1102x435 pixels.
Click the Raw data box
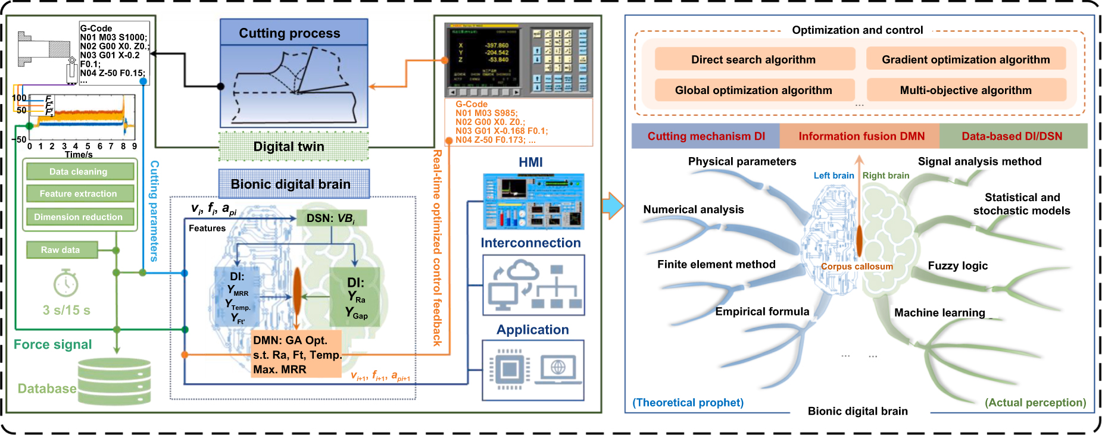[61, 250]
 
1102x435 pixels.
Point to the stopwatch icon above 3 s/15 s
[65, 283]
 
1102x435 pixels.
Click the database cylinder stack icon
[114, 381]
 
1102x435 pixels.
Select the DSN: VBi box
[331, 218]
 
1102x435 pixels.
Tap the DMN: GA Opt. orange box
[296, 355]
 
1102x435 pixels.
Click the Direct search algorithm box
[754, 60]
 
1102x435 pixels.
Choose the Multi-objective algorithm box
[966, 90]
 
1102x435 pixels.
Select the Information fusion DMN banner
[860, 136]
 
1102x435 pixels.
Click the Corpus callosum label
[857, 267]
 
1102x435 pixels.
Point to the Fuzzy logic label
[957, 266]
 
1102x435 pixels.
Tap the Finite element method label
[716, 264]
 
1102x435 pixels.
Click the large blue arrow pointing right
[613, 206]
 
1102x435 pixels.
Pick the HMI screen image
[533, 202]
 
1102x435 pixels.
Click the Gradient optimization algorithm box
[966, 60]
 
